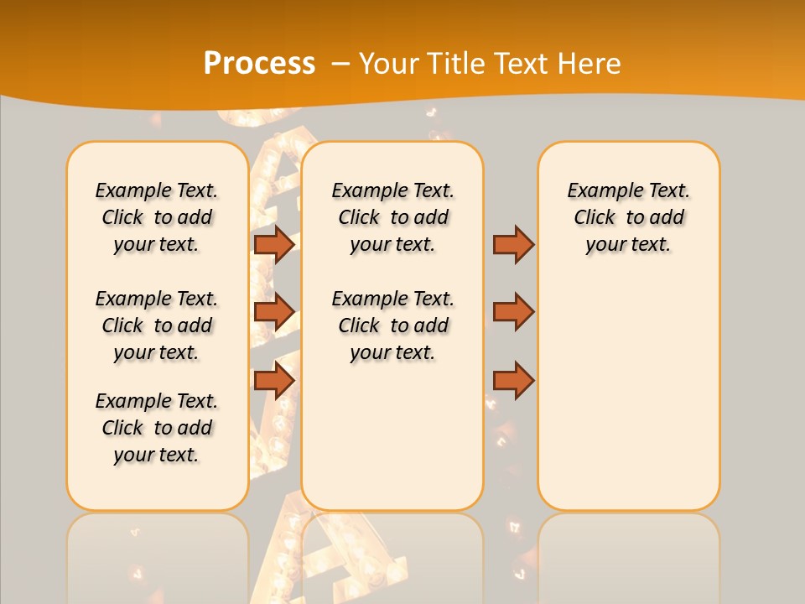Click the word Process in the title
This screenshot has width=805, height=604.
[x=259, y=63]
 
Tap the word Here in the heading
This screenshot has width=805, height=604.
[x=589, y=63]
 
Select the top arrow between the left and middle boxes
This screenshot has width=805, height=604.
[x=273, y=244]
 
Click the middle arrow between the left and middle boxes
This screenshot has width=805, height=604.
[x=273, y=312]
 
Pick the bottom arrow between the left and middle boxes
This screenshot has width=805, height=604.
[x=273, y=381]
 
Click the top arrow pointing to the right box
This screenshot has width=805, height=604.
[x=513, y=244]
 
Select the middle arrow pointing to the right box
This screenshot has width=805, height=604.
[x=513, y=312]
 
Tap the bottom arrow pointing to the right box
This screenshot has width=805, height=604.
[x=513, y=381]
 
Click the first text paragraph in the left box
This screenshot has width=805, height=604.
[x=157, y=217]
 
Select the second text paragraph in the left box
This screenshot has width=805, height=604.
[x=157, y=325]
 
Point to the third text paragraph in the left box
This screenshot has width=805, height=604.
[x=157, y=428]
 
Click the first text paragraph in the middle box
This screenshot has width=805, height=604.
[x=392, y=217]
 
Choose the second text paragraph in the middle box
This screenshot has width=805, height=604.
[x=392, y=325]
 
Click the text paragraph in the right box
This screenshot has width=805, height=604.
[x=628, y=217]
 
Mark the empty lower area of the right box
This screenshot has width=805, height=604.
[x=628, y=394]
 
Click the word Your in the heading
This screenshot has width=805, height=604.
[x=390, y=63]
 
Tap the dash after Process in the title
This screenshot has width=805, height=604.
[x=340, y=63]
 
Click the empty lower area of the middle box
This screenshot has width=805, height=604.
[x=392, y=436]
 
